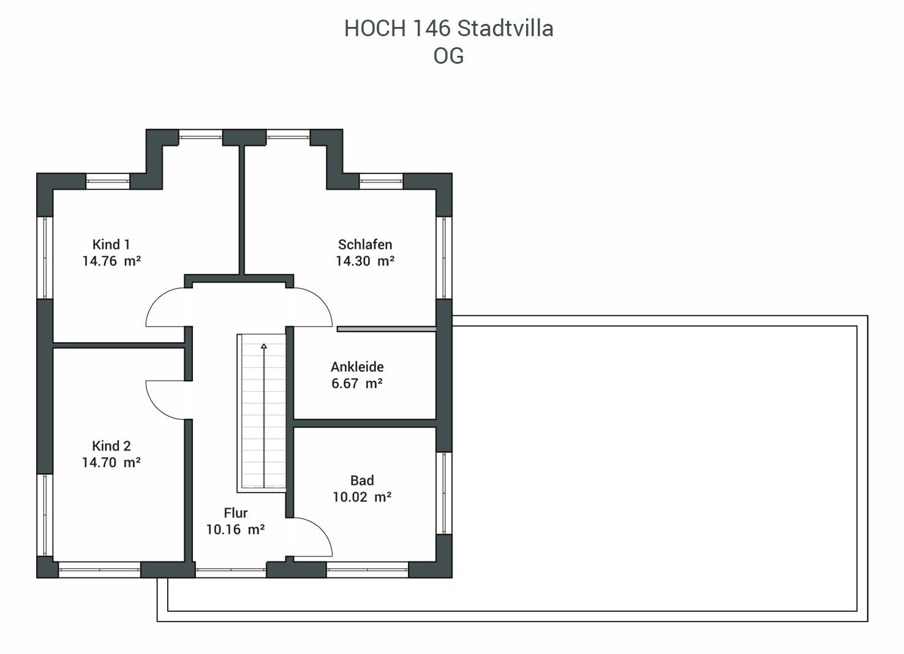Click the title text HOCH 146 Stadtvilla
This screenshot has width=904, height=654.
tap(448, 29)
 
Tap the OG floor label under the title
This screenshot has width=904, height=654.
tap(448, 56)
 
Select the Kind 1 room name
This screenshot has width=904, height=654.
tap(111, 245)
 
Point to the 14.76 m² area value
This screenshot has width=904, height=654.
tap(111, 261)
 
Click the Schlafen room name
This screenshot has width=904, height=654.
tap(365, 245)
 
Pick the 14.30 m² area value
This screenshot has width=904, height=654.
tap(365, 261)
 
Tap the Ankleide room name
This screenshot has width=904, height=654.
tap(357, 367)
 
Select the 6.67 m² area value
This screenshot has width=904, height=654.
tap(356, 383)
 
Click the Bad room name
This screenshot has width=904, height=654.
tap(362, 481)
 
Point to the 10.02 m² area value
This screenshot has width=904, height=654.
tap(362, 497)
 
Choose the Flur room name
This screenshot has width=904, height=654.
tap(235, 513)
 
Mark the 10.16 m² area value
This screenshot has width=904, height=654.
tap(235, 530)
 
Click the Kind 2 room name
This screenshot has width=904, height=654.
tap(111, 446)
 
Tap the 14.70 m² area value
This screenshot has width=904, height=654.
tap(111, 463)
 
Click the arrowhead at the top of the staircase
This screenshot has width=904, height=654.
tap(264, 346)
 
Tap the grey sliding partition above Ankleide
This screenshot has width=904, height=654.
tap(386, 329)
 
